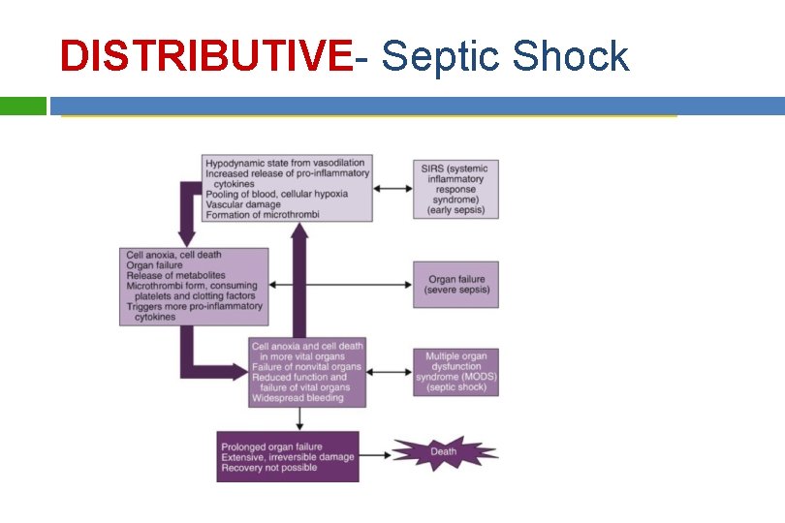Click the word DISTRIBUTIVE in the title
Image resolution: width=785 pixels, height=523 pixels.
point(205,56)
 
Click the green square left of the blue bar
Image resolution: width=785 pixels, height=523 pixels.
point(22,105)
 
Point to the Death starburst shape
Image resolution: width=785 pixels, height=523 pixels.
point(444,452)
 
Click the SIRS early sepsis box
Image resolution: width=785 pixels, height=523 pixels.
point(455,189)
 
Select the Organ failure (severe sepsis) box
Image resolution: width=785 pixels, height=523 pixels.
point(455,285)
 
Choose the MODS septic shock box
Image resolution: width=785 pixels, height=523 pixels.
point(455,372)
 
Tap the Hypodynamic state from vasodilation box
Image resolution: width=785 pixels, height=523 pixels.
point(287,188)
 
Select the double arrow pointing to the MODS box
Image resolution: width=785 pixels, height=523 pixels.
point(391,372)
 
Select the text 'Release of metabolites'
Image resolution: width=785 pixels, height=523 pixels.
point(175,275)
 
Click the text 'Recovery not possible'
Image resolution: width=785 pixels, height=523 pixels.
point(268,469)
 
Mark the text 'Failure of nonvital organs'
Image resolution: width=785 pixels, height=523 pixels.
point(306,367)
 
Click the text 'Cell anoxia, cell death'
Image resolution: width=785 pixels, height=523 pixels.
point(173,255)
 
